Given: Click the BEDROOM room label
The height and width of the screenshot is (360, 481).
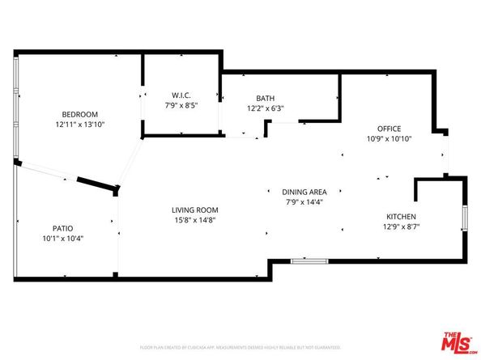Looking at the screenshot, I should (79, 113).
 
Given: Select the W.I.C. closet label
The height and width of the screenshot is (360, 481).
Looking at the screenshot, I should (180, 95).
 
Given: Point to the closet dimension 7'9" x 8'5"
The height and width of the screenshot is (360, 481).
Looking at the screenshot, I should (180, 105).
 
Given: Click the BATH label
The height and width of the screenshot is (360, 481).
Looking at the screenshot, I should (265, 98).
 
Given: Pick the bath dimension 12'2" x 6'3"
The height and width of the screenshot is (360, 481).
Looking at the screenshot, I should (265, 108).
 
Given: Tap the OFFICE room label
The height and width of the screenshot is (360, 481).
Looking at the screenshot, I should (389, 129).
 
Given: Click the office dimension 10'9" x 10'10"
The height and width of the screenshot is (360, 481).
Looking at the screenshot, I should (389, 139).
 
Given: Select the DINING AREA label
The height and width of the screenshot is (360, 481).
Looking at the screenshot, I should (304, 192).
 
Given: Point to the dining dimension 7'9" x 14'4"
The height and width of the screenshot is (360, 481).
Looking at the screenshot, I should (304, 202).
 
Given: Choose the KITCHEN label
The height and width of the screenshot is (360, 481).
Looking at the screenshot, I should (400, 217).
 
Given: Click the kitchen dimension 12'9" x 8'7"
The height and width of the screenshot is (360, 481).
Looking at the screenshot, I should (400, 227).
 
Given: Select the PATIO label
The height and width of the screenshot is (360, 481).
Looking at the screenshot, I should (63, 228).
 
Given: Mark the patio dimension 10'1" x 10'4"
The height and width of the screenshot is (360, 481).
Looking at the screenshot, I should (63, 239).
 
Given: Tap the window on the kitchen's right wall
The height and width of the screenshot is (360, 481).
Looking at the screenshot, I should (465, 218).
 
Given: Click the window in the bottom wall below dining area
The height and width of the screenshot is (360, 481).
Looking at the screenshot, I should (309, 261).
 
